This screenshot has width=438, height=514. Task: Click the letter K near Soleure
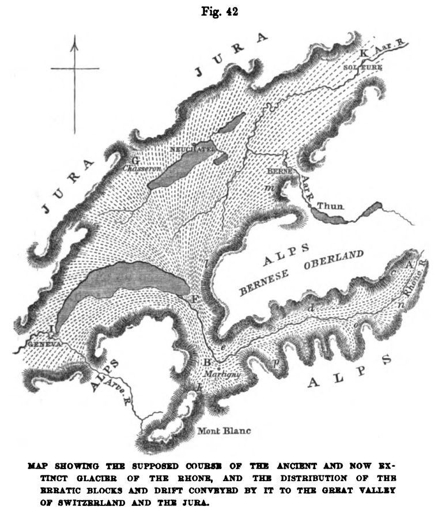[x=363, y=54]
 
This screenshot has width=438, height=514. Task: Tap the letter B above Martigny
[x=206, y=362]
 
